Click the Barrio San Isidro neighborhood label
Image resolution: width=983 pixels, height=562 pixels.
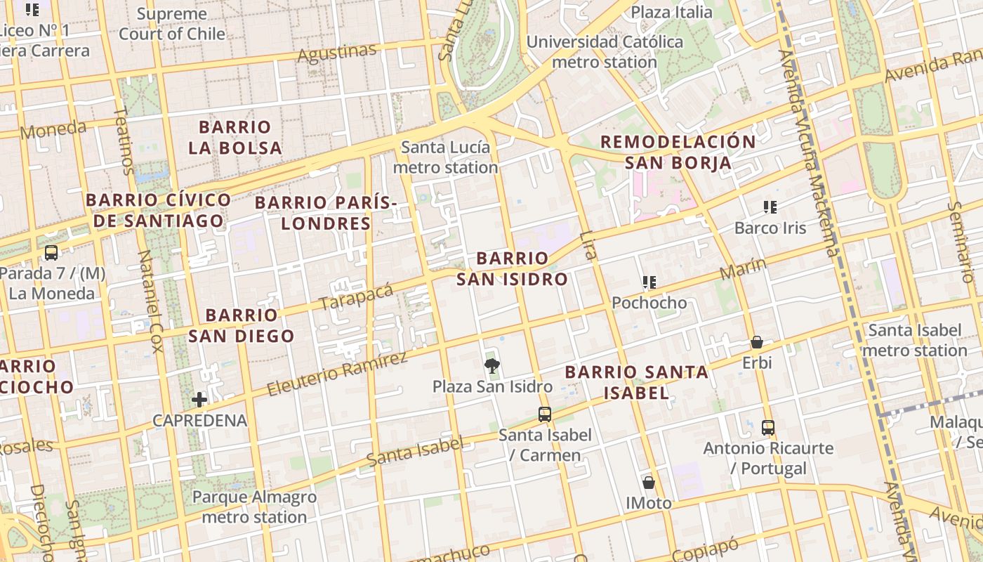click(x=512, y=269)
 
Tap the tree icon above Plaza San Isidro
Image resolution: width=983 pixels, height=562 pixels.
click(x=491, y=365)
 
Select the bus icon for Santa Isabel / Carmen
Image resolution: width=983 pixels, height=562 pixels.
click(x=545, y=414)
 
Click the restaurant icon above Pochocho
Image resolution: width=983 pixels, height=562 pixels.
click(x=649, y=282)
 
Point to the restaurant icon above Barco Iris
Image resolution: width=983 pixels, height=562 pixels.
click(x=770, y=207)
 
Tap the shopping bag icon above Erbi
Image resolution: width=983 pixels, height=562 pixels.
click(x=757, y=342)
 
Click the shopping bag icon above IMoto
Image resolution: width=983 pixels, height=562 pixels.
click(x=649, y=483)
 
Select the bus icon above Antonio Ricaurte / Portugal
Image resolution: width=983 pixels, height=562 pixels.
click(x=768, y=427)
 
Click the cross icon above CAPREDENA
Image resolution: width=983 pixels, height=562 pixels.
click(x=199, y=400)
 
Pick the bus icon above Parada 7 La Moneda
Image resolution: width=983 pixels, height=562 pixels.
click(x=51, y=253)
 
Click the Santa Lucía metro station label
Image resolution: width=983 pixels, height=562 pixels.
click(x=445, y=157)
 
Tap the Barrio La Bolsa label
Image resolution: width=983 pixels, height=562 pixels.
click(x=235, y=138)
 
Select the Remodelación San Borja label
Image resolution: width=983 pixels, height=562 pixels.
click(x=678, y=152)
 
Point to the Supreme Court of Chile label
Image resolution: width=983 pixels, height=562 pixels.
click(x=172, y=24)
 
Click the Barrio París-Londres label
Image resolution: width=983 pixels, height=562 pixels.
click(x=326, y=214)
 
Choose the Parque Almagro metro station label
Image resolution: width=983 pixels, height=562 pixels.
click(x=254, y=507)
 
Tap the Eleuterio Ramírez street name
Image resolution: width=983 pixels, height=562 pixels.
click(x=338, y=374)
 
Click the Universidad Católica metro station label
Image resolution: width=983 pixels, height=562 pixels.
click(x=605, y=52)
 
